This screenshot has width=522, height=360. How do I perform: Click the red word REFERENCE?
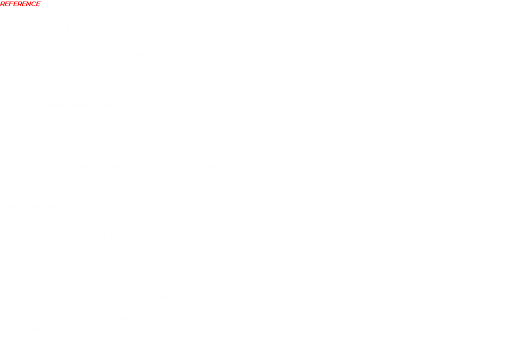pos(20,4)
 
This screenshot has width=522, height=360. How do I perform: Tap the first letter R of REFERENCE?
pos(3,4)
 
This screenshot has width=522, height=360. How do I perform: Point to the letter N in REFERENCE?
pos(29,4)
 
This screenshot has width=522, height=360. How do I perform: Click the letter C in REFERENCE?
pos(34,4)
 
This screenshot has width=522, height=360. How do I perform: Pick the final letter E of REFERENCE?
pos(38,4)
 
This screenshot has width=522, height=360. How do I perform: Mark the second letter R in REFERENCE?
pos(20,4)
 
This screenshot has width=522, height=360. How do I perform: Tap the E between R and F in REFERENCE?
pos(7,4)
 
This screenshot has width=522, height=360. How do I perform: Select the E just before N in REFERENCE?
pos(24,4)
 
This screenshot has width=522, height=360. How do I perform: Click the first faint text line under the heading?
pos(253,19)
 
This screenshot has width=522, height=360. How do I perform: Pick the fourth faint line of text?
pos(92,54)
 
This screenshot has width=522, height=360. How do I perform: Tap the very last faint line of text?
pos(80,339)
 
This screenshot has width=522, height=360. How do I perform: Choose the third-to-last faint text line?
pos(84,318)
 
